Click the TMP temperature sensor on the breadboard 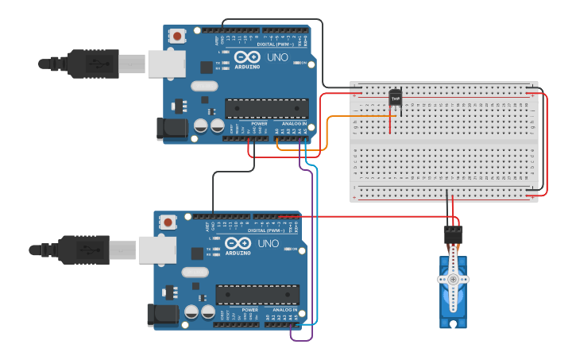(x=395, y=98)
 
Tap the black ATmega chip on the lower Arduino (x=257, y=294)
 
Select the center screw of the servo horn (x=453, y=280)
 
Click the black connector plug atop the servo (x=453, y=234)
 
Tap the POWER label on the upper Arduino (x=259, y=123)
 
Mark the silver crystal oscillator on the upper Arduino (x=203, y=86)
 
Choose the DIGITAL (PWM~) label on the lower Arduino (x=265, y=230)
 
